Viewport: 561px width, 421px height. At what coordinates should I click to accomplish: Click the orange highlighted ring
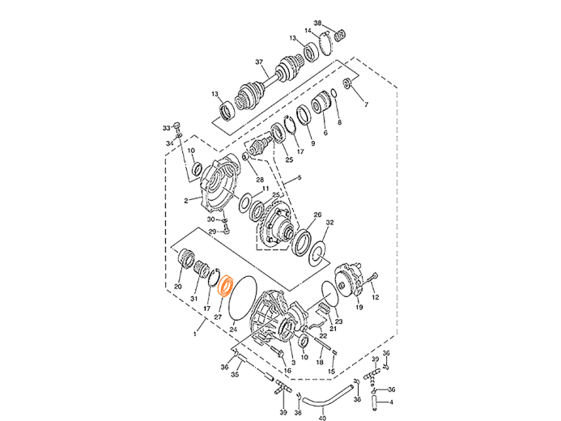[227, 285]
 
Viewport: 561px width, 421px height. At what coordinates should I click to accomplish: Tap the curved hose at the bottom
[324, 399]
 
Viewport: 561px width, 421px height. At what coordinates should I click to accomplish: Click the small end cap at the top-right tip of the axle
[339, 36]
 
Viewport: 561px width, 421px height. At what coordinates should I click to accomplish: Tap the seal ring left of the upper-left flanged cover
[197, 169]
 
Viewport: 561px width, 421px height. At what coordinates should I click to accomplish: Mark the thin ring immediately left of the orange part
[214, 279]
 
